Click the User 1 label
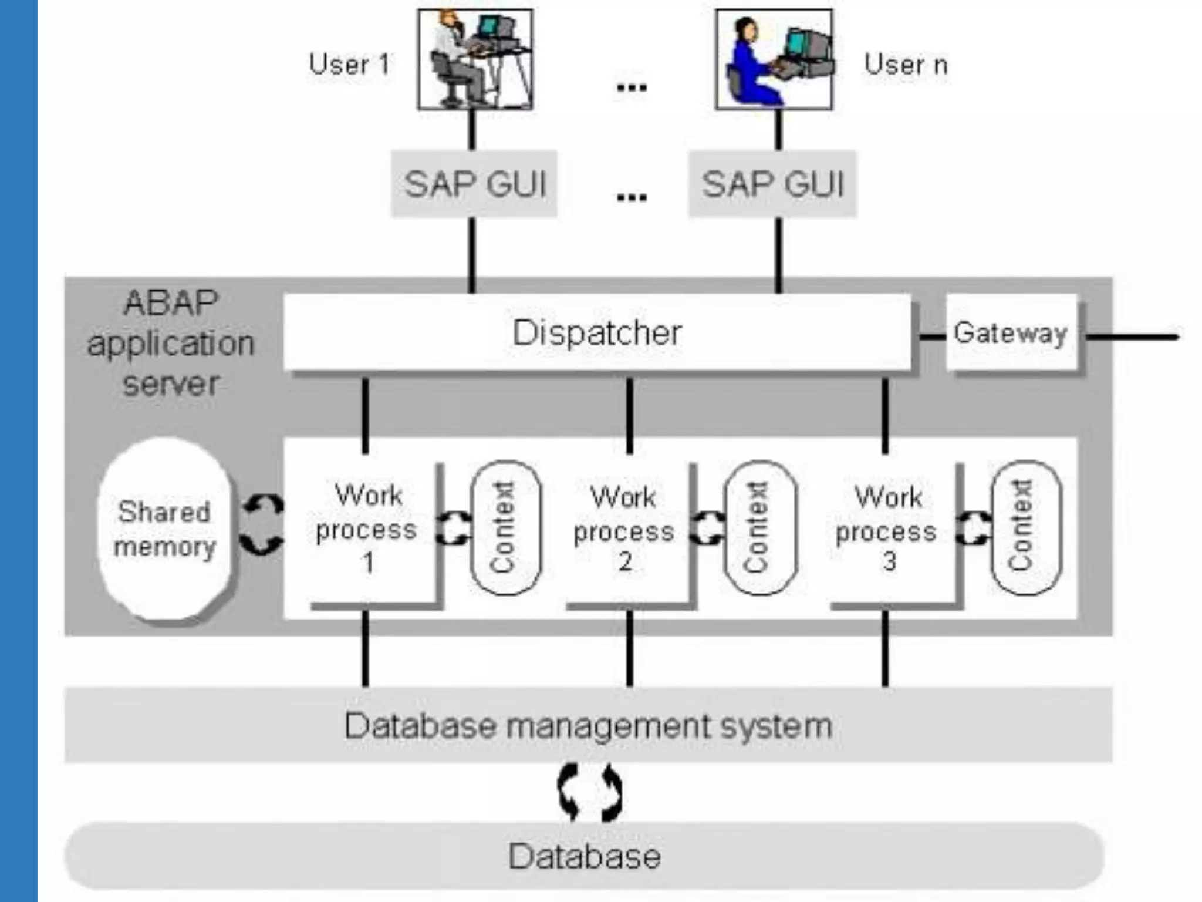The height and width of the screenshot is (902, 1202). pos(349,64)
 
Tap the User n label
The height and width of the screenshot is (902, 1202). pos(906,64)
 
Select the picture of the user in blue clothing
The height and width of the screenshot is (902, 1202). pos(774,59)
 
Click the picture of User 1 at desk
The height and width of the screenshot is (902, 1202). pos(475,59)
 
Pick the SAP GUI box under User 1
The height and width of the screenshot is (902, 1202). pos(474,184)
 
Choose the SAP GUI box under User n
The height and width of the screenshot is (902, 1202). pos(772,184)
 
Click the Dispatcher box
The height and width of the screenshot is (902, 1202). pos(597,332)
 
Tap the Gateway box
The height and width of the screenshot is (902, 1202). pos(1011,332)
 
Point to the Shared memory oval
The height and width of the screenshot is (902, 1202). pos(165,528)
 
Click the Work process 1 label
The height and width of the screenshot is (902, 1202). pos(367,528)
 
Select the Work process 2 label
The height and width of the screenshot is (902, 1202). pos(624,529)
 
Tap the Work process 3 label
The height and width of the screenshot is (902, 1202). pos(886,529)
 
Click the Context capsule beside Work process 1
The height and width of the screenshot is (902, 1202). pos(505,527)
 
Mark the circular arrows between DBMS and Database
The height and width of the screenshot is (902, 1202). pos(590,792)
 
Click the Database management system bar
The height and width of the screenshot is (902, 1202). pos(588,725)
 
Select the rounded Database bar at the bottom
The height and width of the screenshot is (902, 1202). pos(585,856)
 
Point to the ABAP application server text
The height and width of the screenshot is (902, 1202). pos(171,343)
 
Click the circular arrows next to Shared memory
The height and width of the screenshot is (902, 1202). pos(262,524)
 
